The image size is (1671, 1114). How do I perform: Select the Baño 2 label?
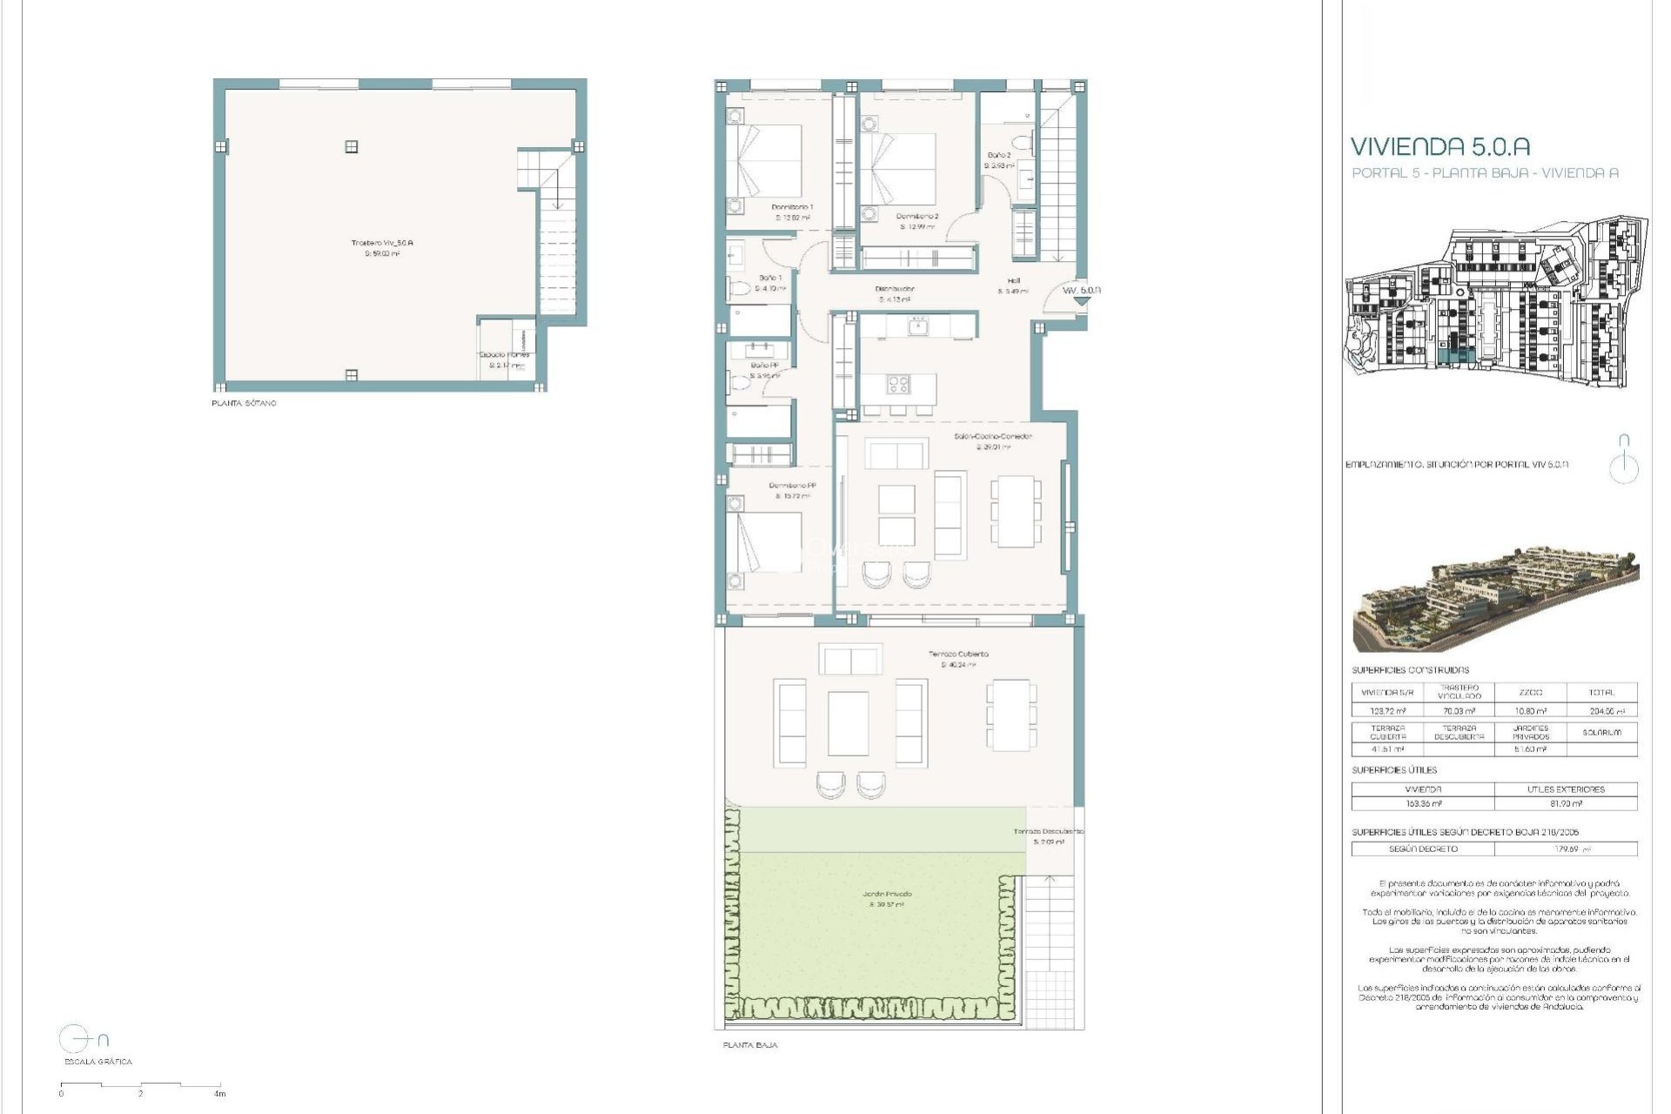(998, 155)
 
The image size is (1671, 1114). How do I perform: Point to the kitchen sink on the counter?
(917, 326)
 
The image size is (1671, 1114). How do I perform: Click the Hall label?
(1014, 281)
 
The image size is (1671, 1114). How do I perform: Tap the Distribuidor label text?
(894, 289)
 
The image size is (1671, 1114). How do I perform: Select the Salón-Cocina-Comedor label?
(993, 436)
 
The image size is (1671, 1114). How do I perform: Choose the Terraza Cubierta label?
(958, 654)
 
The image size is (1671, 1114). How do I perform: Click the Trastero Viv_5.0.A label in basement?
(382, 243)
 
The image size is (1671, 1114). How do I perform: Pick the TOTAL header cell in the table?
(1601, 693)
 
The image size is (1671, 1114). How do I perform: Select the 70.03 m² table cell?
(1459, 711)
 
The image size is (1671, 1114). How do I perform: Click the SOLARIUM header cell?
(1601, 732)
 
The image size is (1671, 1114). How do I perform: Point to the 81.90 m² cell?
(1566, 804)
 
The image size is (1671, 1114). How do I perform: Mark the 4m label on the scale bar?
(220, 1094)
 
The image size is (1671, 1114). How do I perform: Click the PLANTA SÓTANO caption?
(244, 404)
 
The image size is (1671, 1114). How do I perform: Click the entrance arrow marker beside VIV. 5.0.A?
(1080, 301)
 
